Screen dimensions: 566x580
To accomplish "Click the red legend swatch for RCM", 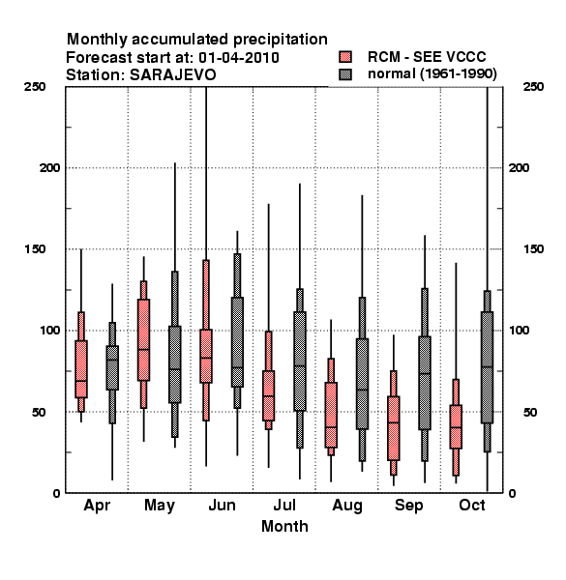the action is pyautogui.click(x=345, y=57).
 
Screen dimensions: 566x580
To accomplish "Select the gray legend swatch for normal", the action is pyautogui.click(x=345, y=74).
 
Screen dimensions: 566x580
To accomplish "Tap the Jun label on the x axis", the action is pyautogui.click(x=222, y=506).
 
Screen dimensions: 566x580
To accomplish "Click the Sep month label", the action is pyautogui.click(x=408, y=506).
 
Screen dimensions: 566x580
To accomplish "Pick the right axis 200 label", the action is pyautogui.click(x=519, y=168).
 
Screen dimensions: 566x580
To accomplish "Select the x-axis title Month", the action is pyautogui.click(x=284, y=527).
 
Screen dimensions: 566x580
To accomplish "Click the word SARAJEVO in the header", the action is pyautogui.click(x=173, y=75).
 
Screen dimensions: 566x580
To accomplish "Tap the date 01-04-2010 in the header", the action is pyautogui.click(x=239, y=58).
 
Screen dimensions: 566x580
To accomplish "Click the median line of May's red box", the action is pyautogui.click(x=143, y=349).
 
